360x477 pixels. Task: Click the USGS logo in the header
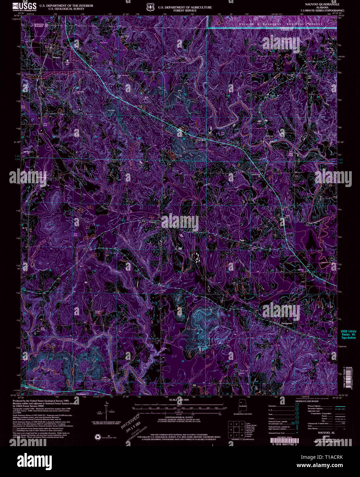[x=24, y=7]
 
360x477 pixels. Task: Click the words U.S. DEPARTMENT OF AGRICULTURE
[x=185, y=7]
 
